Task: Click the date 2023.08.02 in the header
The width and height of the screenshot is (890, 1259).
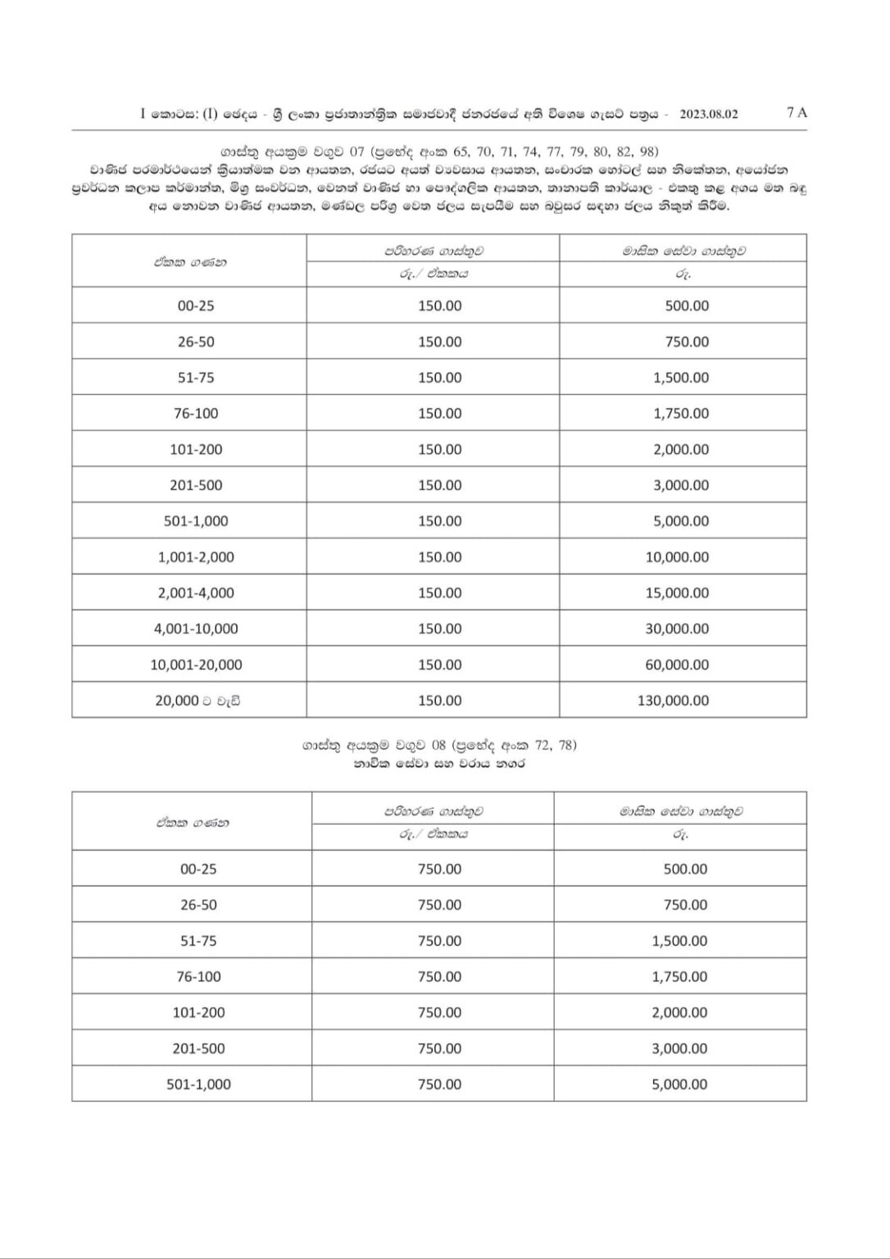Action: pos(708,115)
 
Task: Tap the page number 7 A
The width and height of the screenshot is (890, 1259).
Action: pos(796,113)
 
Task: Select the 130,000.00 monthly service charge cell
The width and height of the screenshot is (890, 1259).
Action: pos(677,701)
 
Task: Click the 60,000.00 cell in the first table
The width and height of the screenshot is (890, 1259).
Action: pos(677,665)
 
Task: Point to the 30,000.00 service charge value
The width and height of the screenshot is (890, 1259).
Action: pos(677,629)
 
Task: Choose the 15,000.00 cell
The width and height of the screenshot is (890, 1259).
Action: pos(677,593)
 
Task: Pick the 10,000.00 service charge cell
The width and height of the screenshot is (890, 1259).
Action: pos(677,557)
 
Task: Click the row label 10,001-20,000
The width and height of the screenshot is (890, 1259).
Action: pos(196,665)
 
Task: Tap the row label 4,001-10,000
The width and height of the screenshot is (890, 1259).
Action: pos(196,629)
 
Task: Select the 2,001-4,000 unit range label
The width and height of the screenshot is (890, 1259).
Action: pos(196,593)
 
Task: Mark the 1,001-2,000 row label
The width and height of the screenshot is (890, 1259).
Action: pos(196,557)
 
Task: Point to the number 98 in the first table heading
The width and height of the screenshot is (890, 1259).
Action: pos(649,152)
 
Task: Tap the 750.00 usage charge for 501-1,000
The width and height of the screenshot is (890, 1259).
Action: pos(439,1084)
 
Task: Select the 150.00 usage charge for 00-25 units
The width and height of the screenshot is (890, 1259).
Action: pos(439,306)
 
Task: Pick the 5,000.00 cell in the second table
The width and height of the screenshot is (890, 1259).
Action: pos(679,1084)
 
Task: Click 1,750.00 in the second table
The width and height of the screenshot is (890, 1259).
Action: pos(679,977)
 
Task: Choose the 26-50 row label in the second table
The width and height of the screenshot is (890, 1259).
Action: pos(198,905)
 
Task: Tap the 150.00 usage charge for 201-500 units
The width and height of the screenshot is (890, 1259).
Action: pos(439,485)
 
